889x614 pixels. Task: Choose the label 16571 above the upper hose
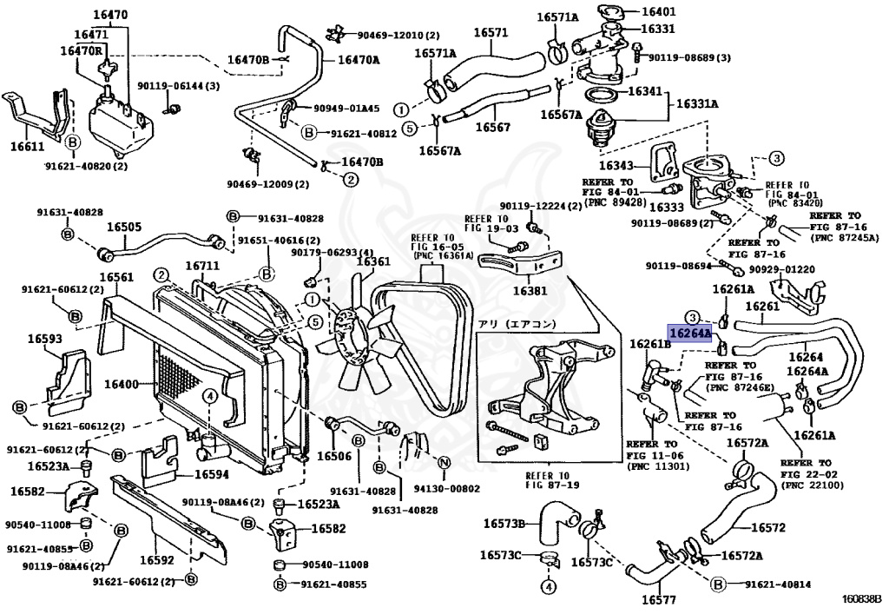490,33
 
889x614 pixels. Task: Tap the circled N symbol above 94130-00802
444,463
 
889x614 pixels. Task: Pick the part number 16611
27,149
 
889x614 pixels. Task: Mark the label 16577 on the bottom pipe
659,599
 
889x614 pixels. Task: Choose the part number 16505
124,227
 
